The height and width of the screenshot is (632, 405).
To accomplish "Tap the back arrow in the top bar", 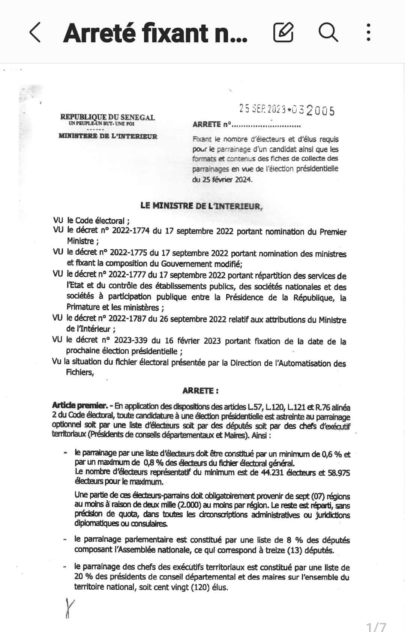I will tap(35, 32).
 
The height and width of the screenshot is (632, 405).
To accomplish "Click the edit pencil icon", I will tap(283, 32).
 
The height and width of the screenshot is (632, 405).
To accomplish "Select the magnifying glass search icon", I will tap(328, 32).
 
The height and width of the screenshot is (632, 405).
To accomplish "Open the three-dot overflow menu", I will tap(369, 32).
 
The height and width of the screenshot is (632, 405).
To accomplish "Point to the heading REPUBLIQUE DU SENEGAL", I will tap(107, 117).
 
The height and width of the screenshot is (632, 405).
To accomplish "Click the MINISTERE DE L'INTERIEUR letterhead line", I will tap(108, 136).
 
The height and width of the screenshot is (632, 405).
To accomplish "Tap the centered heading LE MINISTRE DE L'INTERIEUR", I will tap(202, 206).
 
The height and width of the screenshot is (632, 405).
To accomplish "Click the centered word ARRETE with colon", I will tap(200, 391).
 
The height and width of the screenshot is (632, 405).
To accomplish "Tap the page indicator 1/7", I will tap(376, 626).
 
